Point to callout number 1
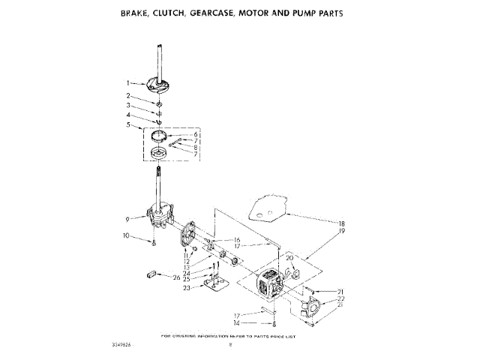(x=128, y=82)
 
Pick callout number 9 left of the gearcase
(x=128, y=219)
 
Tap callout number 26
(x=177, y=278)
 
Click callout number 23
(x=186, y=287)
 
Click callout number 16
(x=236, y=240)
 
